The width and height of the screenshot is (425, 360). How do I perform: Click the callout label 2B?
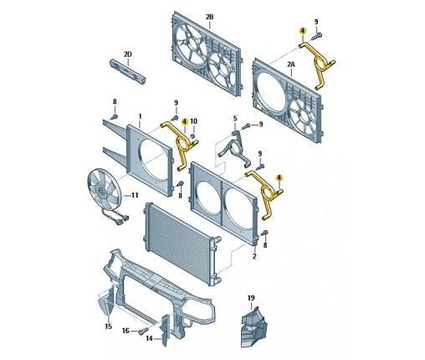point(209,17)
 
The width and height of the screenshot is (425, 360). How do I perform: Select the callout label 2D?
point(128,54)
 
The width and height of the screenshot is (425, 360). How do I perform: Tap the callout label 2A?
point(291,64)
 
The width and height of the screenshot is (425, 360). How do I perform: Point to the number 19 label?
point(251,298)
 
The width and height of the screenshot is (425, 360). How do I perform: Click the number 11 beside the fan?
point(135,195)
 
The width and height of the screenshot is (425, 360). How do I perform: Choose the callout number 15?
point(108,326)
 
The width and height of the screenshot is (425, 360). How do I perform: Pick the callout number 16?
point(125,331)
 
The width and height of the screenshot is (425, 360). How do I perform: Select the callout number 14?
point(150,338)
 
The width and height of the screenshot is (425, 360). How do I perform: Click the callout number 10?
point(193,121)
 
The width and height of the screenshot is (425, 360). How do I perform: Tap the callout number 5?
point(235,118)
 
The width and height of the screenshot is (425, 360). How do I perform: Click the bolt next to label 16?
point(143,331)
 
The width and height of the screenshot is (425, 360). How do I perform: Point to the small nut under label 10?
point(192,136)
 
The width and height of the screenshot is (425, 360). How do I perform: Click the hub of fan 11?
point(100,191)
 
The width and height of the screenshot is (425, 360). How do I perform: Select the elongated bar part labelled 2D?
point(128,71)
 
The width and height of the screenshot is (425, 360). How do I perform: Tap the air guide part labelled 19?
point(253,327)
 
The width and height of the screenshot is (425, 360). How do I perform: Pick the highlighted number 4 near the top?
point(302,31)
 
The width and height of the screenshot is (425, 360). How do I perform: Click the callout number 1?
point(140,116)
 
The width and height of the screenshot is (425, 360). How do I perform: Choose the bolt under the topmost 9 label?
point(317,36)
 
